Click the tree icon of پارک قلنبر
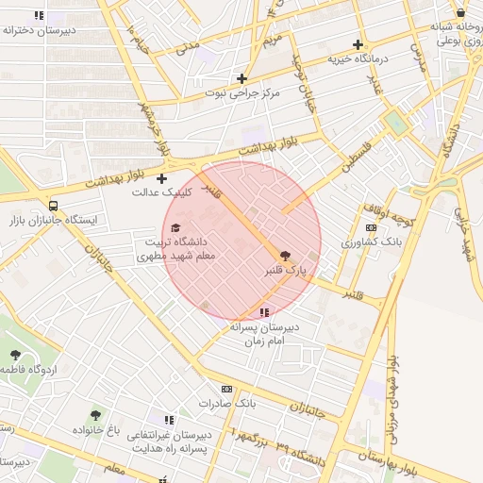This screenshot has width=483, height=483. pyautogui.click(x=286, y=254)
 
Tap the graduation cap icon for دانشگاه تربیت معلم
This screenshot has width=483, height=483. pyautogui.click(x=175, y=227)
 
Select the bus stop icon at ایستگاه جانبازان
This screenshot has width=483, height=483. pyautogui.click(x=53, y=205)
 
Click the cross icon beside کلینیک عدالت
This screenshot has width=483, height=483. pyautogui.click(x=161, y=177)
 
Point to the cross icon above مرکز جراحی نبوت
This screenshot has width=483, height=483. pyautogui.click(x=242, y=78)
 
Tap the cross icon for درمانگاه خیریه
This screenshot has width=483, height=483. pyautogui.click(x=357, y=44)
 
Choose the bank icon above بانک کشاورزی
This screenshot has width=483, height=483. pyautogui.click(x=370, y=227)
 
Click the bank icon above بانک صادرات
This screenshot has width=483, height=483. pyautogui.click(x=226, y=389)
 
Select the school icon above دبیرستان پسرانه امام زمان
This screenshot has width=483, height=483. pyautogui.click(x=263, y=311)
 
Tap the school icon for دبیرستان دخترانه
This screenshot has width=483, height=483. pyautogui.click(x=39, y=15)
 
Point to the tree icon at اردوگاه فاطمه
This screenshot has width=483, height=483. pyautogui.click(x=15, y=355)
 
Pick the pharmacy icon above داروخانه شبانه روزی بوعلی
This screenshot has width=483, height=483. pyautogui.click(x=460, y=12)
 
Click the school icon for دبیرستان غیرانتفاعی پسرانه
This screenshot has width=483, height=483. pyautogui.click(x=169, y=420)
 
